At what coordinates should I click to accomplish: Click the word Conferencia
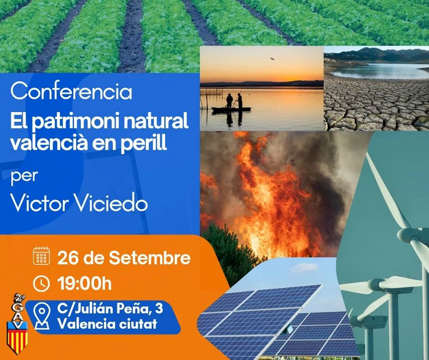coord(71,92)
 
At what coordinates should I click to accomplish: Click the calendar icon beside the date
coord(41,256)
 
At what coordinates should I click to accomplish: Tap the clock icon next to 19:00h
coord(41,284)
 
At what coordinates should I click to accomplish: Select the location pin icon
coord(42,316)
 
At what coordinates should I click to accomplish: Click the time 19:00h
coord(84,284)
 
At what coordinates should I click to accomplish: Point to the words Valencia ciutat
coord(107,324)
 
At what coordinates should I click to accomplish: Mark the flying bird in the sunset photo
coord(271,59)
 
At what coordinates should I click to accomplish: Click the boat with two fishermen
coord(231,105)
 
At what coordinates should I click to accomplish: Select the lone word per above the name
coord(24,177)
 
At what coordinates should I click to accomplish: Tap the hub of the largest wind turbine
coord(408,236)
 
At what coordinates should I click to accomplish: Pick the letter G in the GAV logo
coord(17,307)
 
